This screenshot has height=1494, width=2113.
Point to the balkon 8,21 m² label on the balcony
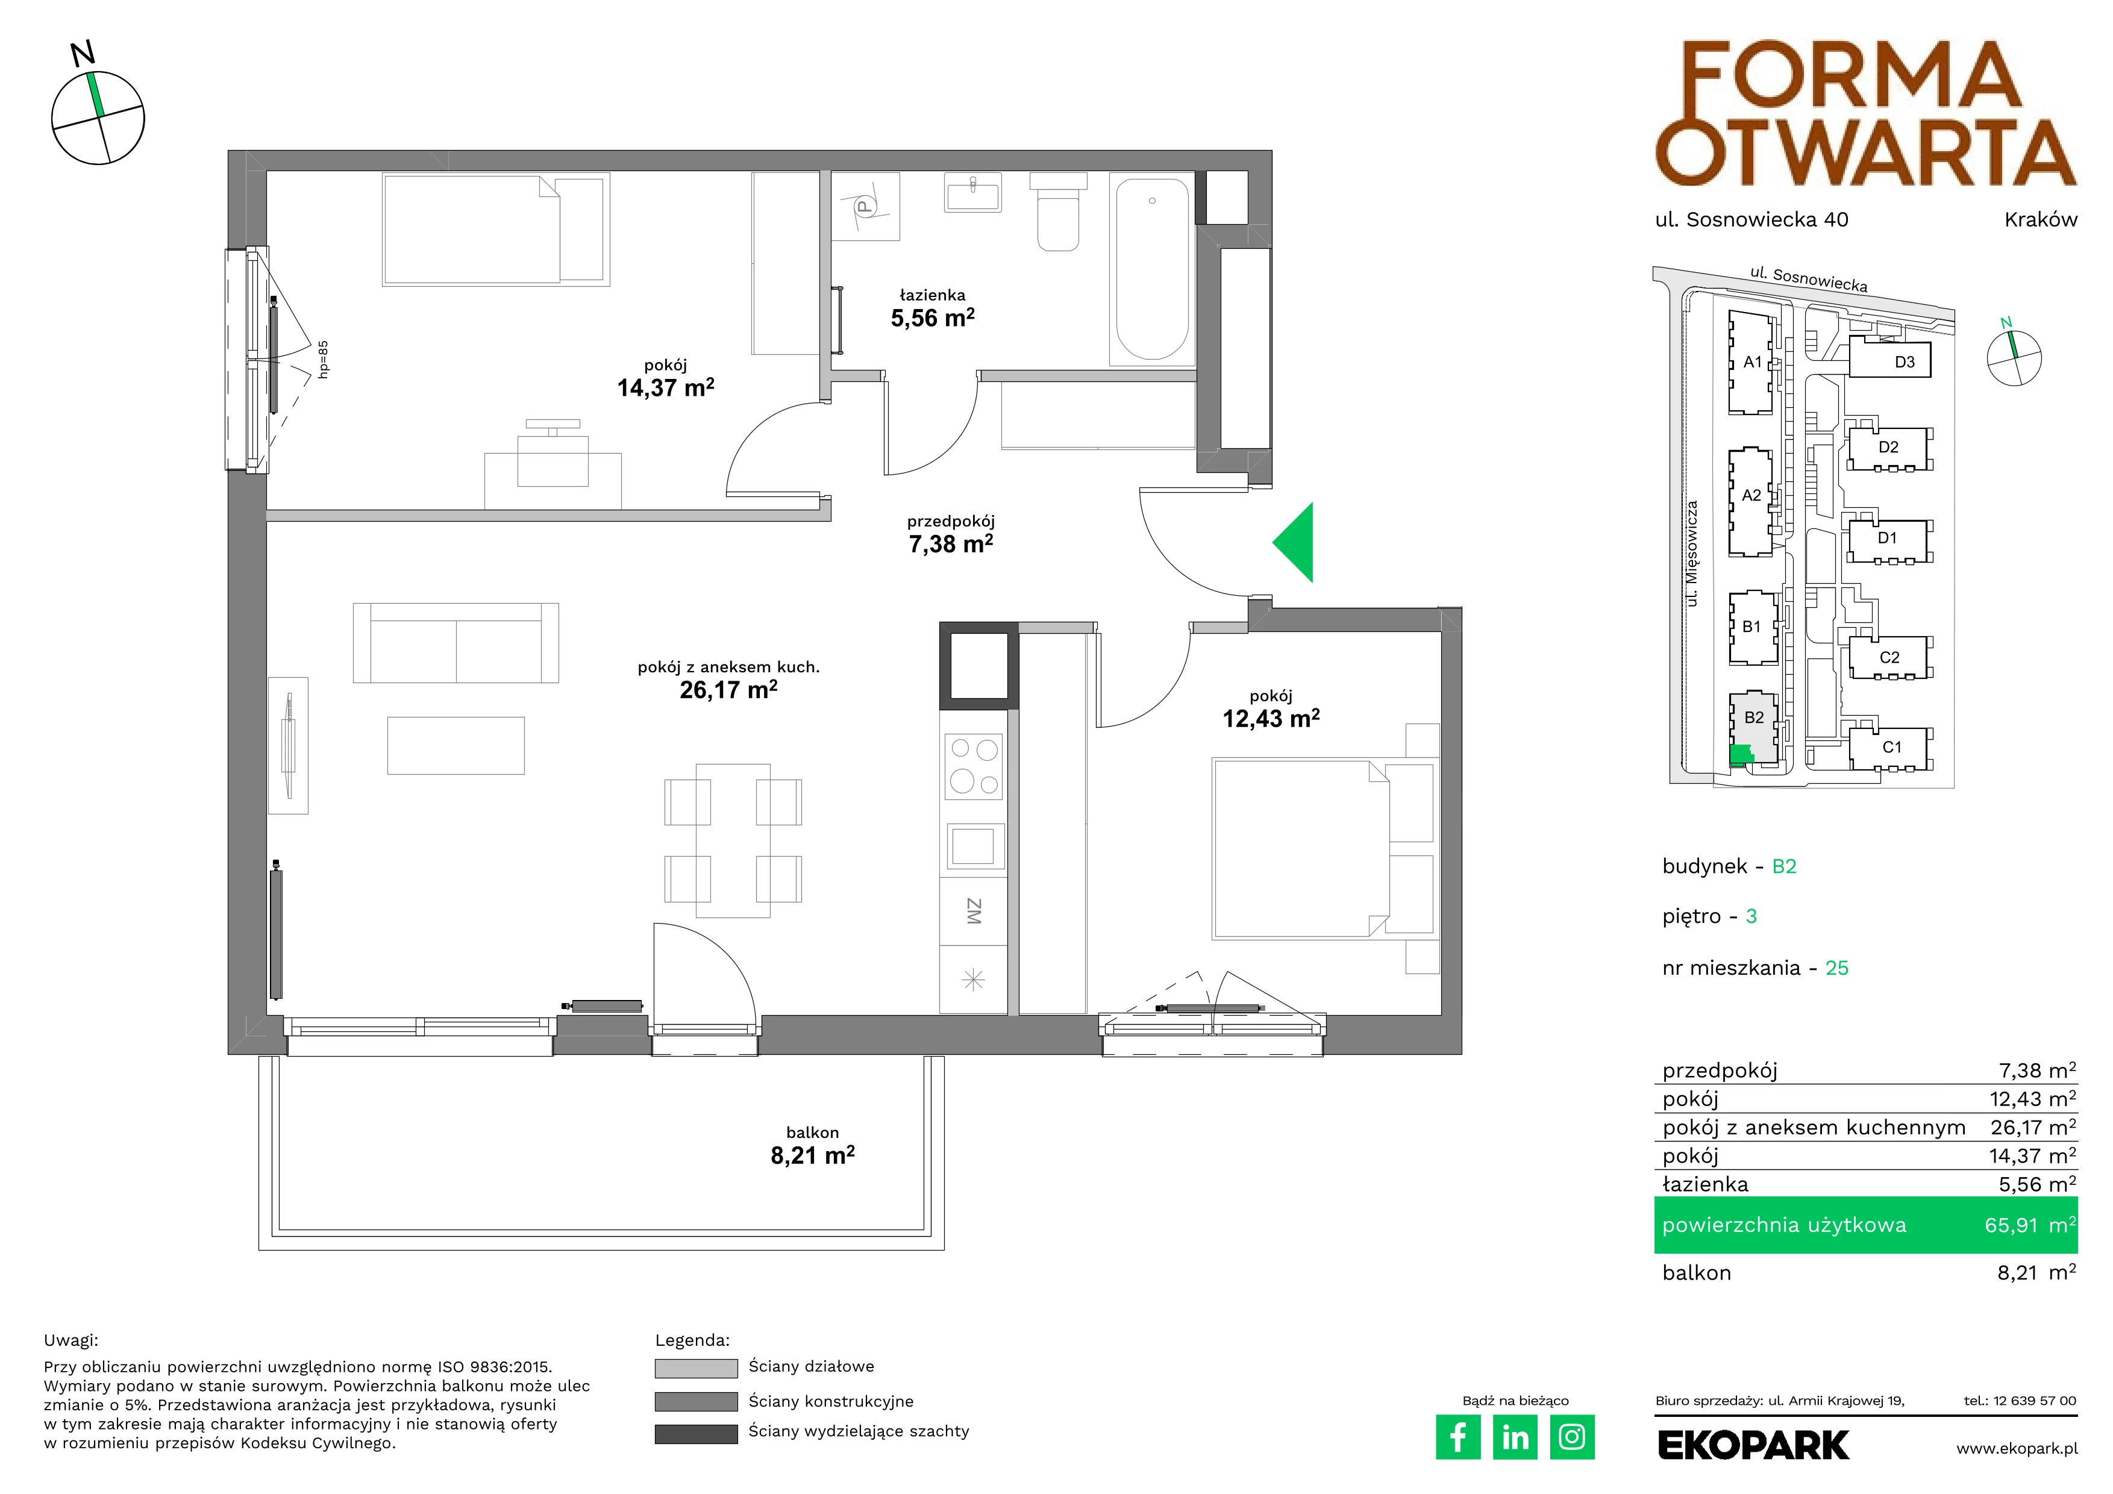pos(813,1145)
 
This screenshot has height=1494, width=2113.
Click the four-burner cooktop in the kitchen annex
pos(974,766)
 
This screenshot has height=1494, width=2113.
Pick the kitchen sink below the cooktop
pos(974,845)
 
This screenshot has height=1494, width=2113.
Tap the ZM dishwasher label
pos(974,911)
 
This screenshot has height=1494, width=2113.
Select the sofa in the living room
pos(455,642)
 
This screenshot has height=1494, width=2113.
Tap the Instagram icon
pos(1572,1437)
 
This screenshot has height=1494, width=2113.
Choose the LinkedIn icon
pos(1515,1437)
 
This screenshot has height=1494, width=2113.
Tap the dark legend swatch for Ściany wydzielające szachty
pos(696,1433)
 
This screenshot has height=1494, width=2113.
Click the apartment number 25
pos(1837,968)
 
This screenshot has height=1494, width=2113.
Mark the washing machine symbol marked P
pos(865,207)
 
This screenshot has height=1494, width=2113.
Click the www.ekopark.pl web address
pos(2017,1449)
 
